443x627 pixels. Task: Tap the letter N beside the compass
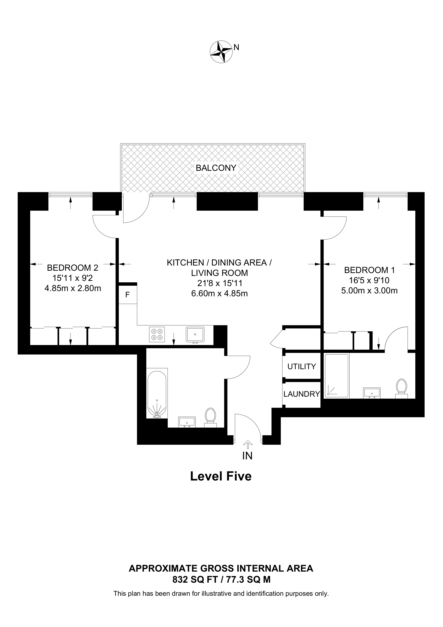tap(236, 48)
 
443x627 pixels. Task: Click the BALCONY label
tap(216, 168)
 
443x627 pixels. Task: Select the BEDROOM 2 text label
tap(73, 268)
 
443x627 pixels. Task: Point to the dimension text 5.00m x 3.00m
tap(369, 291)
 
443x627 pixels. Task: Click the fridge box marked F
tap(128, 295)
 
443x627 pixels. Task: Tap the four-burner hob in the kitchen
tap(157, 335)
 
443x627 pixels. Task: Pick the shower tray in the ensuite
tap(336, 375)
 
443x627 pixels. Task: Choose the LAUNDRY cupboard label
tap(302, 394)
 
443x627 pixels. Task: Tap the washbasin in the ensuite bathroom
tap(372, 393)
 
